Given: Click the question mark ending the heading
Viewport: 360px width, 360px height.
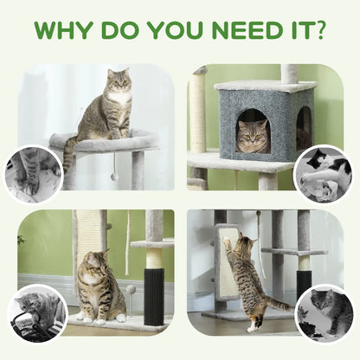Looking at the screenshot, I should (320, 31).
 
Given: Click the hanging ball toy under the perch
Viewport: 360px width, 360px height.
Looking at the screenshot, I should (114, 177).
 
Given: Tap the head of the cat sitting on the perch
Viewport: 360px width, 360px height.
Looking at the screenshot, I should (119, 82).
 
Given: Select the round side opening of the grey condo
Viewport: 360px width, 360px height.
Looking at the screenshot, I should (303, 127).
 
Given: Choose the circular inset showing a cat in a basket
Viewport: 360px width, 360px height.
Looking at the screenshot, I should (36, 312).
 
